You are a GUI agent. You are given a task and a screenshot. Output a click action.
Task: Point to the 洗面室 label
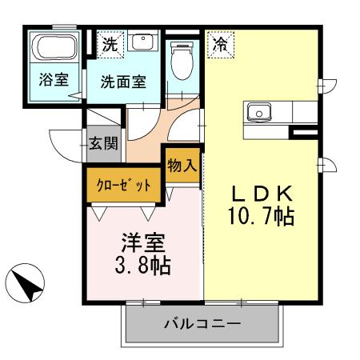coord(122,82)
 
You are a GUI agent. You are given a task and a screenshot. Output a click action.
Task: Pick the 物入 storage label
coord(182,166)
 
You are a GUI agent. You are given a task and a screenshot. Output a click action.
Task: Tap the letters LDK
coord(263,194)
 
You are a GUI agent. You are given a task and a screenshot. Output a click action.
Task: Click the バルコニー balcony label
coord(202,325)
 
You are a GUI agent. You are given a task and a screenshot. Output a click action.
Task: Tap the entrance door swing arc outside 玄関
coord(64,142)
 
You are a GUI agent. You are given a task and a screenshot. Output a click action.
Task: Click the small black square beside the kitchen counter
coord(305,129)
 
